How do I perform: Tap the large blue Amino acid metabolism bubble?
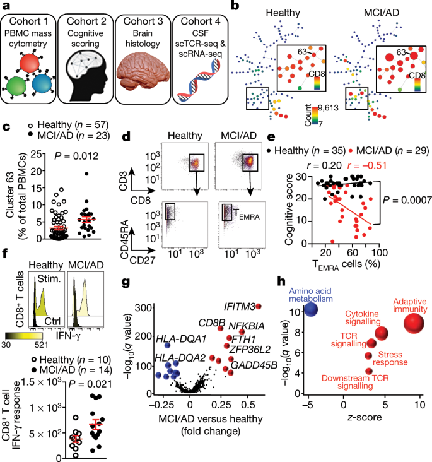[x=310, y=310]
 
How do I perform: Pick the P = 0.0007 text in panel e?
[x=404, y=200]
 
